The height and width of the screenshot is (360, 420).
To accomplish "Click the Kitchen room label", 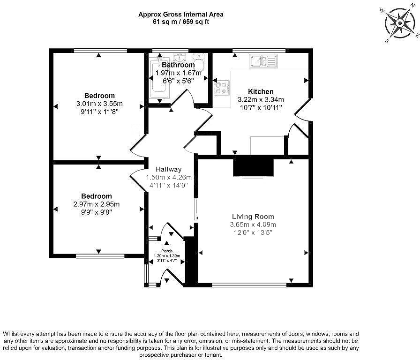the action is click(x=261, y=91).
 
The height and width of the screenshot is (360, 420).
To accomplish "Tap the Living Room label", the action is click(x=253, y=217).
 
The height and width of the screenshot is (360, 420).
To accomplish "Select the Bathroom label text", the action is click(x=179, y=65).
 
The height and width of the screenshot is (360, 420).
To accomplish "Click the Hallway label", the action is click(x=168, y=169).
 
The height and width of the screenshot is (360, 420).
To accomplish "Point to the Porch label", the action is click(x=167, y=251).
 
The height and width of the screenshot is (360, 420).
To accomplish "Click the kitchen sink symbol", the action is click(x=263, y=61).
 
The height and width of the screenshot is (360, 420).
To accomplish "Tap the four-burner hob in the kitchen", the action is click(x=222, y=88).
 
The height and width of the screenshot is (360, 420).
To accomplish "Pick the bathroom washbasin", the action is click(x=179, y=58).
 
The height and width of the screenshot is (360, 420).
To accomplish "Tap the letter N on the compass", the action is click(x=412, y=5).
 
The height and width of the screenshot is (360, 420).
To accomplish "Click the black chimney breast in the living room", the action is click(x=253, y=167).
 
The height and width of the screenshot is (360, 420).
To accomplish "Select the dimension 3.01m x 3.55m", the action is click(x=100, y=104).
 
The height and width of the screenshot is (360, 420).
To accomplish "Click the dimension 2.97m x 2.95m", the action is click(x=97, y=204).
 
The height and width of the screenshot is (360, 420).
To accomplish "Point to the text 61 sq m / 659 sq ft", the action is click(x=181, y=22).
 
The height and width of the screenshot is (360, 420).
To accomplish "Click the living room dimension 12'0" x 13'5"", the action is click(x=253, y=232).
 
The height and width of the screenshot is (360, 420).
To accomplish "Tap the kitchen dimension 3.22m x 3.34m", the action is click(x=261, y=100).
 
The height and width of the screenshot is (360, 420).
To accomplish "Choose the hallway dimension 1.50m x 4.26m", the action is click(x=169, y=177).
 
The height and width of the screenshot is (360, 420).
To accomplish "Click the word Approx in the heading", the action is click(x=149, y=15).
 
